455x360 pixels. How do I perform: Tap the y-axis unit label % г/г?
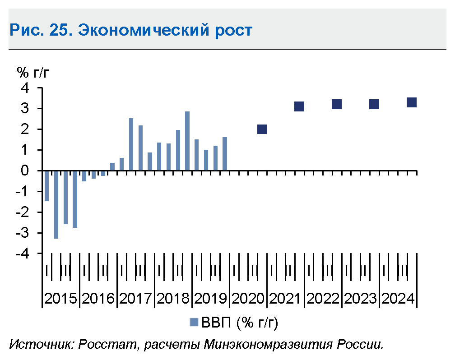38,72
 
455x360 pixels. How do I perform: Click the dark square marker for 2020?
262,129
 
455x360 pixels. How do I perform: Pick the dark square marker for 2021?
299,106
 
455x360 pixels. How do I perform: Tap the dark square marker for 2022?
337,104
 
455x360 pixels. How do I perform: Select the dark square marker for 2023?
374,104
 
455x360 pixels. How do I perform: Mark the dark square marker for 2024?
412,102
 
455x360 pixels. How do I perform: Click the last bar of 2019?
225,154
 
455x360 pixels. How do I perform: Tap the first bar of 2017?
131,144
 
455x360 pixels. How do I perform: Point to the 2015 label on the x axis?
61,299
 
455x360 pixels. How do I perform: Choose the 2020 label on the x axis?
248,299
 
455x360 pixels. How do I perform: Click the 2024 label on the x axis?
398,299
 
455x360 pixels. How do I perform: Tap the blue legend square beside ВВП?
194,322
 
